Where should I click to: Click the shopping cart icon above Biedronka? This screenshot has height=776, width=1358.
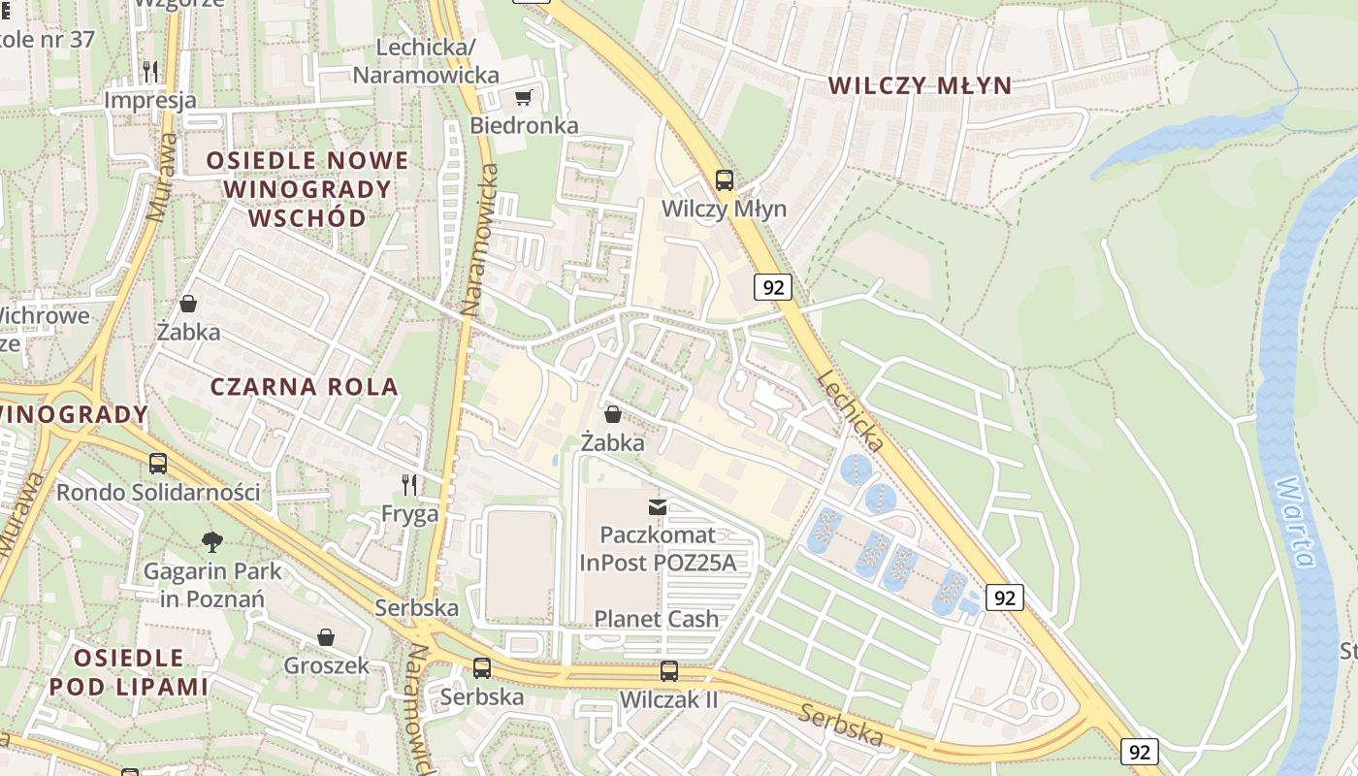pos(524,97)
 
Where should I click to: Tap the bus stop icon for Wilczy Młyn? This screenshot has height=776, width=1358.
pos(725,179)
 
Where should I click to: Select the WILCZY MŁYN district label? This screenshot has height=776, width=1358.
pos(920,85)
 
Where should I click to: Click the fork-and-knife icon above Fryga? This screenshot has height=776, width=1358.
pos(410,484)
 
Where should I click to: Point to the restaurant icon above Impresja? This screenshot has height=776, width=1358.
pos(150,71)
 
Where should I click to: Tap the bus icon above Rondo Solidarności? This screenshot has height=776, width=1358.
pos(158,464)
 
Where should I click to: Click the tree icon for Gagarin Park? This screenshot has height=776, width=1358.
pos(212,541)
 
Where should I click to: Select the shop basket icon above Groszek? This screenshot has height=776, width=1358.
pos(326,637)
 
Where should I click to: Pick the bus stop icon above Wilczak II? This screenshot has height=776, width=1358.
pos(669,670)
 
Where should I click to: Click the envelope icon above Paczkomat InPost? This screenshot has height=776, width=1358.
pos(658,505)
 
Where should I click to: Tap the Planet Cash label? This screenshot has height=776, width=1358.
pos(657,619)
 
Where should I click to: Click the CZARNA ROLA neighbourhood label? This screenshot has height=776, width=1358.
pos(305,386)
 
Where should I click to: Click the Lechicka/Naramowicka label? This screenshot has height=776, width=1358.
pos(426,61)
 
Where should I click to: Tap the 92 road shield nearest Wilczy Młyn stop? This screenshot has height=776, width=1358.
pos(772,287)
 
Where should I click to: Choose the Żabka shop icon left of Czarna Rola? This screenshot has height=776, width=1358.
pos(188,304)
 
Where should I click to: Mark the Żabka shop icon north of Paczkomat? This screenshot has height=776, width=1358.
pos(613,415)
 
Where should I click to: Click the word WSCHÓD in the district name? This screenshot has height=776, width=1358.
pos(307,217)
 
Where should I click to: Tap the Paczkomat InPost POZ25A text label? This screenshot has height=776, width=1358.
pos(658,548)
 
